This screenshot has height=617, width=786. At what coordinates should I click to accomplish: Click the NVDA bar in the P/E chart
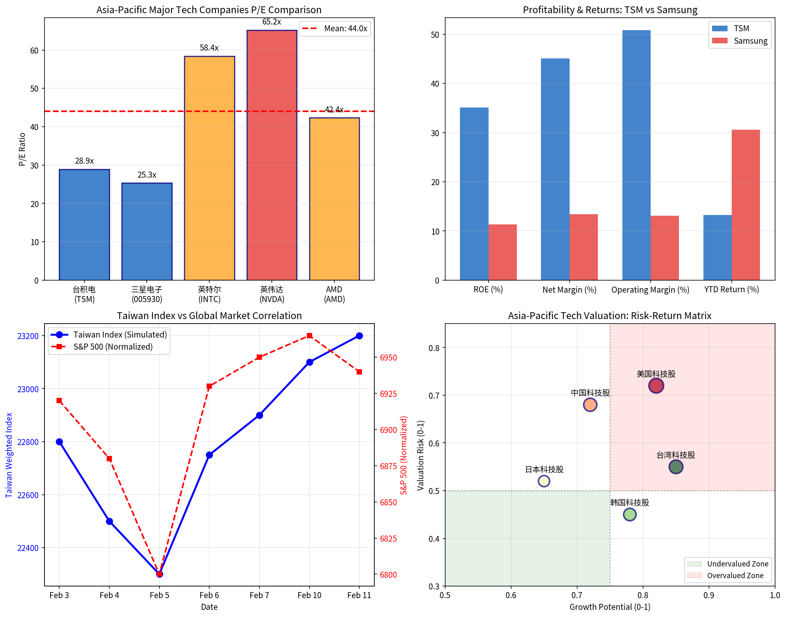(x=272, y=155)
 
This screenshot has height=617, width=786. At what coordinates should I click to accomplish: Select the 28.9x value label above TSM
(x=84, y=161)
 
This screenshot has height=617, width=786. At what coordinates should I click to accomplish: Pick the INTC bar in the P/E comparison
(x=210, y=168)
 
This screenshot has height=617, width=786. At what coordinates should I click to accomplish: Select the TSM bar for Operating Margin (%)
(x=636, y=155)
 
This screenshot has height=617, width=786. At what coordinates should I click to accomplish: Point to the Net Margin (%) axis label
(x=569, y=290)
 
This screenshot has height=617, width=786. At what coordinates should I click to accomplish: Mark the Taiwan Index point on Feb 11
(x=359, y=336)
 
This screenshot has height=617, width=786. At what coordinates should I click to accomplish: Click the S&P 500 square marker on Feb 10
(x=309, y=336)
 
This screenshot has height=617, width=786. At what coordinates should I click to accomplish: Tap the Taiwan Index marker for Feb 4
(x=109, y=521)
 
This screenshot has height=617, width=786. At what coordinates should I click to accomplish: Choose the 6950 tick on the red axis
(x=388, y=358)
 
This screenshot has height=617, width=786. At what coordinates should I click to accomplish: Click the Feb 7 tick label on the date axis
(x=259, y=595)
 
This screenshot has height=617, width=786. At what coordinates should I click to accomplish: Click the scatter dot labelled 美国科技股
(x=656, y=385)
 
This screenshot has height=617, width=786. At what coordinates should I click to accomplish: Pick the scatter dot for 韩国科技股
(x=630, y=514)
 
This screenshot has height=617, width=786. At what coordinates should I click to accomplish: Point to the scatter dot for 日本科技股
(x=544, y=481)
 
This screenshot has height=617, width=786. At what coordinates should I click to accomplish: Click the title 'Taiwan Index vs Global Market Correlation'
(x=209, y=316)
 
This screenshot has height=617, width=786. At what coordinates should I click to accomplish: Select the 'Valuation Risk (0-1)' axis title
(x=421, y=455)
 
